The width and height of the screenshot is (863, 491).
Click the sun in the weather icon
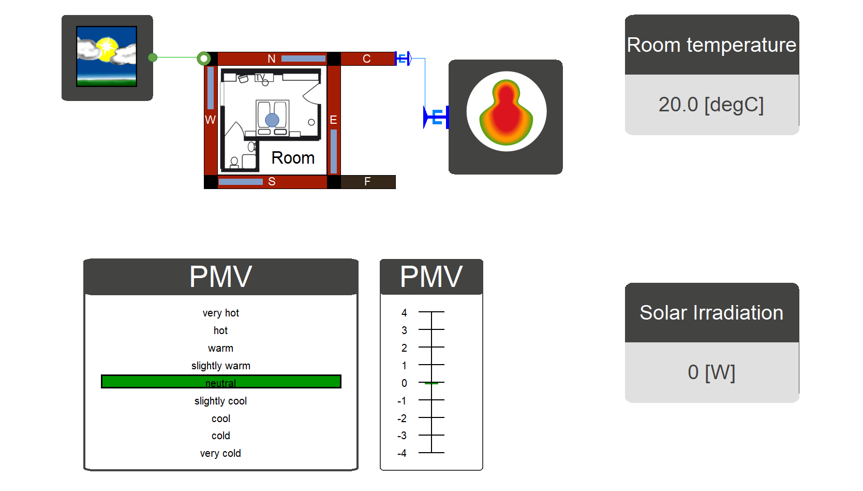pos(107,49)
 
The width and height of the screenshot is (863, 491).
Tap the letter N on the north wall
pos(272,59)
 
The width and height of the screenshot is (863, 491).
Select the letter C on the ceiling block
pos(366,59)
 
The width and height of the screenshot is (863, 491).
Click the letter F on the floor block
pos(367,181)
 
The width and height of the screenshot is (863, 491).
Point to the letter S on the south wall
pos(272,181)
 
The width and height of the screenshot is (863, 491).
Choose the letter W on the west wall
pos(211,120)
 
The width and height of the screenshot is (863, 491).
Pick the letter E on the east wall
pos(333,120)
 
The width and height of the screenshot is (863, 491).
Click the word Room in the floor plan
pos(293,158)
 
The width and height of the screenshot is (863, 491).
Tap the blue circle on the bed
pos(272,120)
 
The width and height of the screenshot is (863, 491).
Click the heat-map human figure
pos(506,112)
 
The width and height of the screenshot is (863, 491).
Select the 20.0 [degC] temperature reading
pos(711,105)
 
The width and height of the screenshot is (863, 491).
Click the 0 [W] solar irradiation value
pos(711,372)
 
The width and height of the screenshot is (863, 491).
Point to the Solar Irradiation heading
pos(711,312)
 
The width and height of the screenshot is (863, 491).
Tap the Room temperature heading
pos(711,45)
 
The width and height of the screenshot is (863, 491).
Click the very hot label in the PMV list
pos(221,313)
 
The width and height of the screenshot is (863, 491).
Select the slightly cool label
pos(221,401)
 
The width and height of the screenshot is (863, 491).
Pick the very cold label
pos(220,453)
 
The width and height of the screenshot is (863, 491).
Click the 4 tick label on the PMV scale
pos(404,313)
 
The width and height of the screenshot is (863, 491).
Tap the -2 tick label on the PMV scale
pos(402,418)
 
